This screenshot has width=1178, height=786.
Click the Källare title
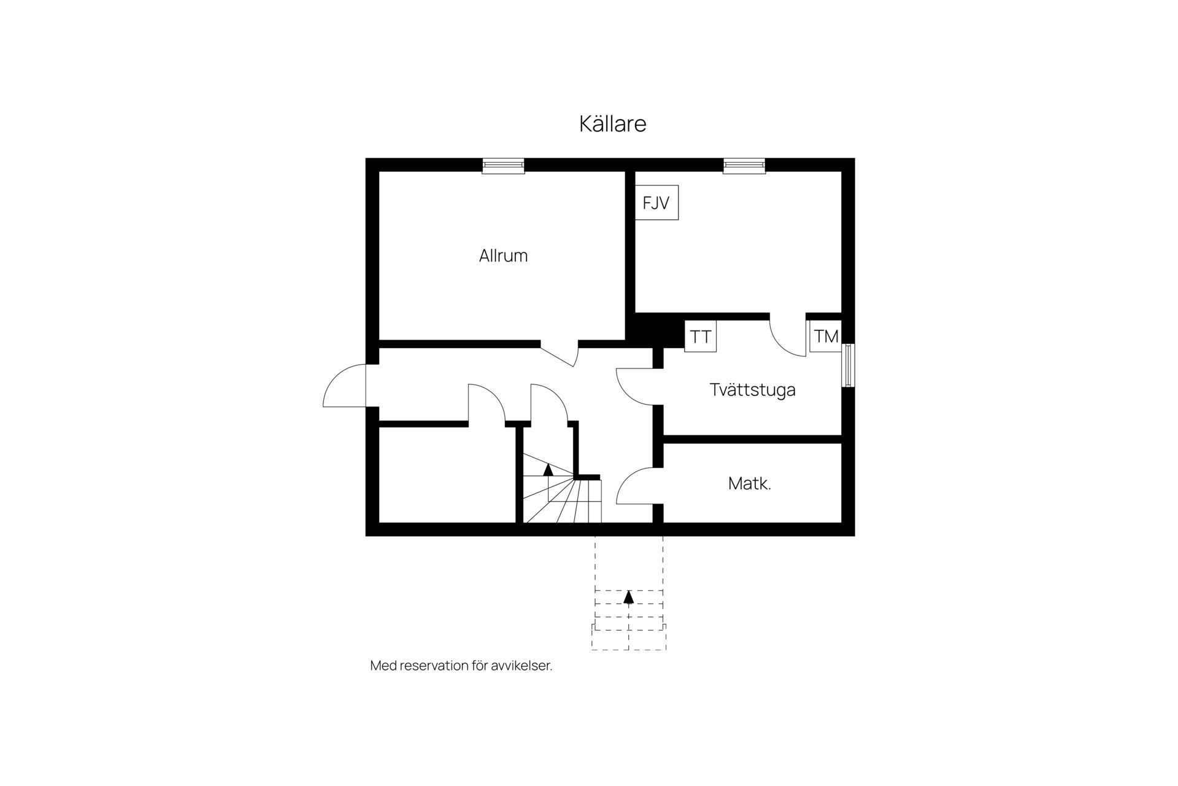612,124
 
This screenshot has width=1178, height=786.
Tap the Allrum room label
503,255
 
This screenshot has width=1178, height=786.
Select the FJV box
656,203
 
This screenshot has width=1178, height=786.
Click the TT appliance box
700,337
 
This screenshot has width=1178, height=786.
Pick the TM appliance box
825,337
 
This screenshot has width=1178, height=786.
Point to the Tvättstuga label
752,390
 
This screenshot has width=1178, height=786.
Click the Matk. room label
749,484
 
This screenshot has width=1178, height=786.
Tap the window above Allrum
503,165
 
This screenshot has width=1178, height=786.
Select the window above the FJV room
744,165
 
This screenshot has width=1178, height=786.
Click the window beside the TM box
848,365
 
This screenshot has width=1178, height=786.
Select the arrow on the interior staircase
548,470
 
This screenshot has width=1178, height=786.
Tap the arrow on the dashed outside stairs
628,597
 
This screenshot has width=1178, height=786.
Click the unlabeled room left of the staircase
447,475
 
